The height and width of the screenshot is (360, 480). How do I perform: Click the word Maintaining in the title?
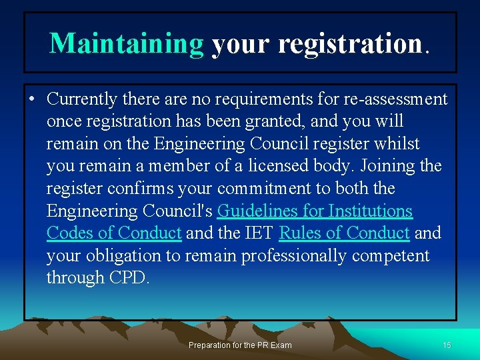(127, 43)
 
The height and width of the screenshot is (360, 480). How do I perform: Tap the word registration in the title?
(350, 43)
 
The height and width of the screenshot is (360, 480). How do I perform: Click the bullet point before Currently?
(31, 100)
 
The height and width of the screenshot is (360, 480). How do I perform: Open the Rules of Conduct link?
(344, 233)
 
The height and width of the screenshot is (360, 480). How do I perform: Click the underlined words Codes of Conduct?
(114, 233)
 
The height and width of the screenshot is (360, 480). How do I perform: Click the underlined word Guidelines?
(259, 211)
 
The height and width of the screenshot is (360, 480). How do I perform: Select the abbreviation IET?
(260, 233)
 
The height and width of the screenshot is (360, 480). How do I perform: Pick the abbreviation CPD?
(128, 278)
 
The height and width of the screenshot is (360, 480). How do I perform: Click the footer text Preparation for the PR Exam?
(240, 345)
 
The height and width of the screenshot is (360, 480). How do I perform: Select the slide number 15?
(447, 345)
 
